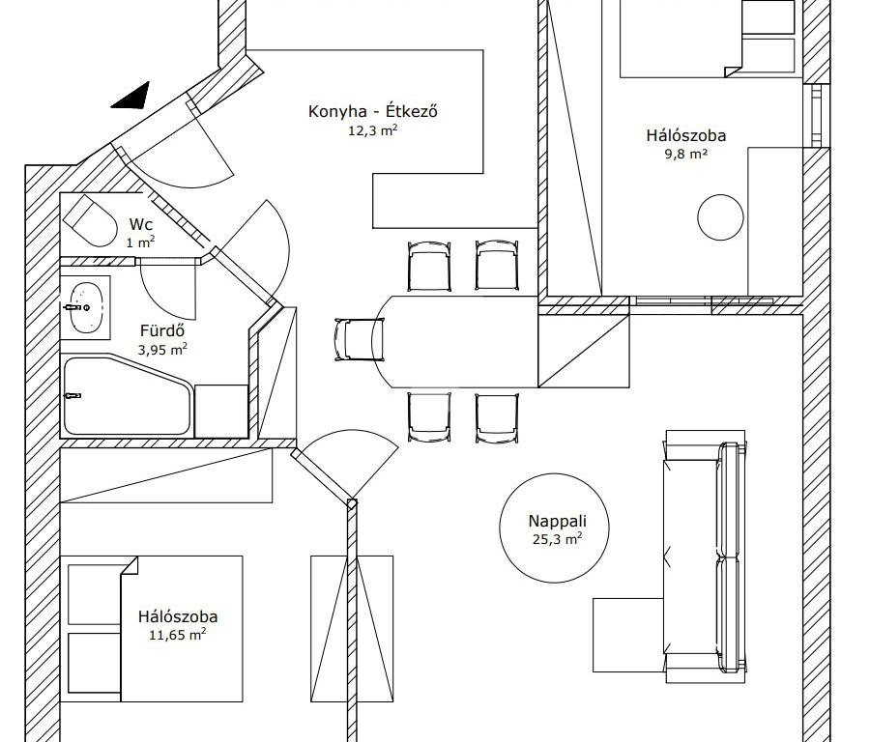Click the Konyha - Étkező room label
click(373, 111)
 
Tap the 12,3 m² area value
click(373, 130)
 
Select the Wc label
click(141, 224)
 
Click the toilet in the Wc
click(90, 220)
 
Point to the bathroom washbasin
click(86, 307)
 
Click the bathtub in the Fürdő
click(128, 396)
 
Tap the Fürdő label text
click(162, 330)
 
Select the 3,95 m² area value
click(162, 350)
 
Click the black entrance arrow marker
click(130, 96)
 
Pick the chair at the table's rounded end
click(359, 340)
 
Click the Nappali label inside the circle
click(557, 521)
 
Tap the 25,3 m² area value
click(557, 538)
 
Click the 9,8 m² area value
click(686, 154)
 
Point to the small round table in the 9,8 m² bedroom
click(720, 217)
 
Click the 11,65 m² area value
click(178, 635)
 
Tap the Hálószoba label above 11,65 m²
click(178, 616)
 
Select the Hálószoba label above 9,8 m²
click(686, 135)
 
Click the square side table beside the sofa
click(628, 635)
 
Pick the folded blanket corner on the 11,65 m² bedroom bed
click(130, 566)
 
